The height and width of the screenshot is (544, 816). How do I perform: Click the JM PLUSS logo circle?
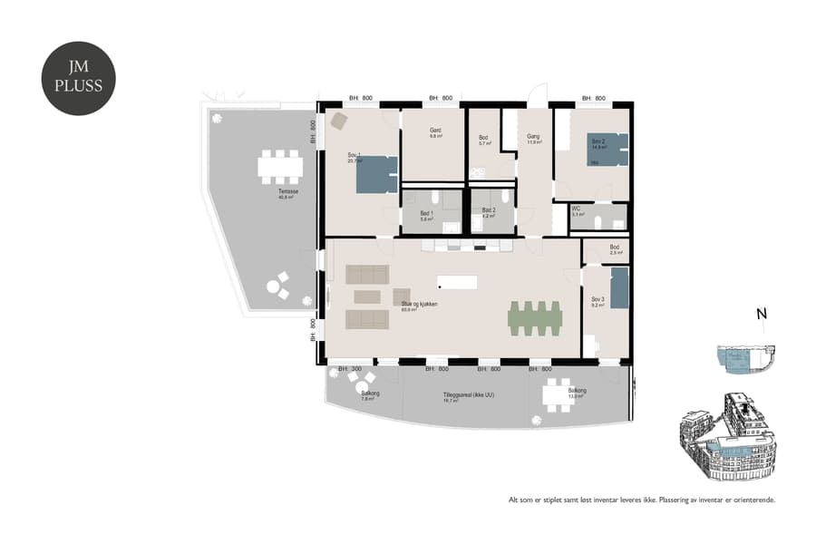coord(79,79)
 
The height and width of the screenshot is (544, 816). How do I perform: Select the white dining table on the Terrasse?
coord(279,167)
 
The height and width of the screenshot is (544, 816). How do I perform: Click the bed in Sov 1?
coord(375,174)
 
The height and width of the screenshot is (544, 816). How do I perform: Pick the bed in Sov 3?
coord(619,287)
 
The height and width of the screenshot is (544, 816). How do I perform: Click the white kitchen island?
coord(457,282)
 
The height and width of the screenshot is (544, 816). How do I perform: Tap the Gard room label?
coord(435,131)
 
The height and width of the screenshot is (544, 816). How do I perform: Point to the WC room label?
coord(576,209)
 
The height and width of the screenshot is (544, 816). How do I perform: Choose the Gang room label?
coord(534,138)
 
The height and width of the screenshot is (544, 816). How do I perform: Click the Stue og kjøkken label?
coord(420,306)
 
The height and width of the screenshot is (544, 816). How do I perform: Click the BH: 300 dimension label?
coord(350,369)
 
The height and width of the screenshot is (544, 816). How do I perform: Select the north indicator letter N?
coord(762,315)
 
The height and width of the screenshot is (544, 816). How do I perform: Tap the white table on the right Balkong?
coord(557,394)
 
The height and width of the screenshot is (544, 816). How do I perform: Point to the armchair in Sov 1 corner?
coord(338,121)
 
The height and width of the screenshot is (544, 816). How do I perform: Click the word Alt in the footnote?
coord(513,500)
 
